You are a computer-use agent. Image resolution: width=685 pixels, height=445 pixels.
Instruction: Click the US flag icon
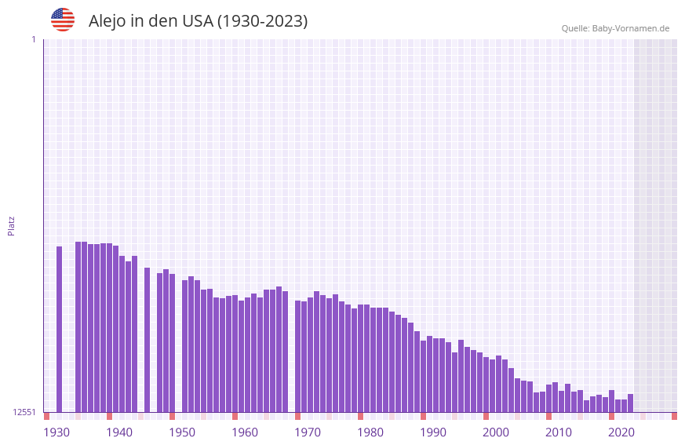coord(63,20)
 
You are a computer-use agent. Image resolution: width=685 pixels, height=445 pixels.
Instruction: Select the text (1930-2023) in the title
coord(262,21)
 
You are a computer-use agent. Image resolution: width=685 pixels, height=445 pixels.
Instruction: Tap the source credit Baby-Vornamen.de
coord(630,28)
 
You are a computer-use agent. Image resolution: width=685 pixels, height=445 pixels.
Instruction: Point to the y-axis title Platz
coord(11,225)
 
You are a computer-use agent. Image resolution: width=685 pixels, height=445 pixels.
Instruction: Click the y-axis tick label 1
coord(33,39)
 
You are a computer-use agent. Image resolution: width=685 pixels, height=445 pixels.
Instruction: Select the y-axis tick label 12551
coord(24,412)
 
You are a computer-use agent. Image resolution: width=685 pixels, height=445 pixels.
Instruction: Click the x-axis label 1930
coord(56,432)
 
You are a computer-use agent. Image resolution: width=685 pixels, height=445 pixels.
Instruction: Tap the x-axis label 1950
coord(182,432)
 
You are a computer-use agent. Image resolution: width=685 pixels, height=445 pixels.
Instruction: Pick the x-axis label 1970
coord(308,432)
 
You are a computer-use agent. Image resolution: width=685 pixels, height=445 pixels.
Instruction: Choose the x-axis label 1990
coord(433,432)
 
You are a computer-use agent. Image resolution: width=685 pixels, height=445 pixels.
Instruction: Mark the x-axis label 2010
coord(559,432)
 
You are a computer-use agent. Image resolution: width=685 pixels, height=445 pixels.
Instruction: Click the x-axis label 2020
coord(621,432)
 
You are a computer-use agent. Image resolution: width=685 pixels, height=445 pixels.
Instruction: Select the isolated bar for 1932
coord(60,330)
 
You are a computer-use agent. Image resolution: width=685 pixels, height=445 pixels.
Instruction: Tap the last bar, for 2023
coord(630,403)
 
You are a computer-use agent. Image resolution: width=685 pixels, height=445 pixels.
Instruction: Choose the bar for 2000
coord(486,385)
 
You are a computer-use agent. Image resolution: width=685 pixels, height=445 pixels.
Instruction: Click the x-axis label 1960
coord(245,432)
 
